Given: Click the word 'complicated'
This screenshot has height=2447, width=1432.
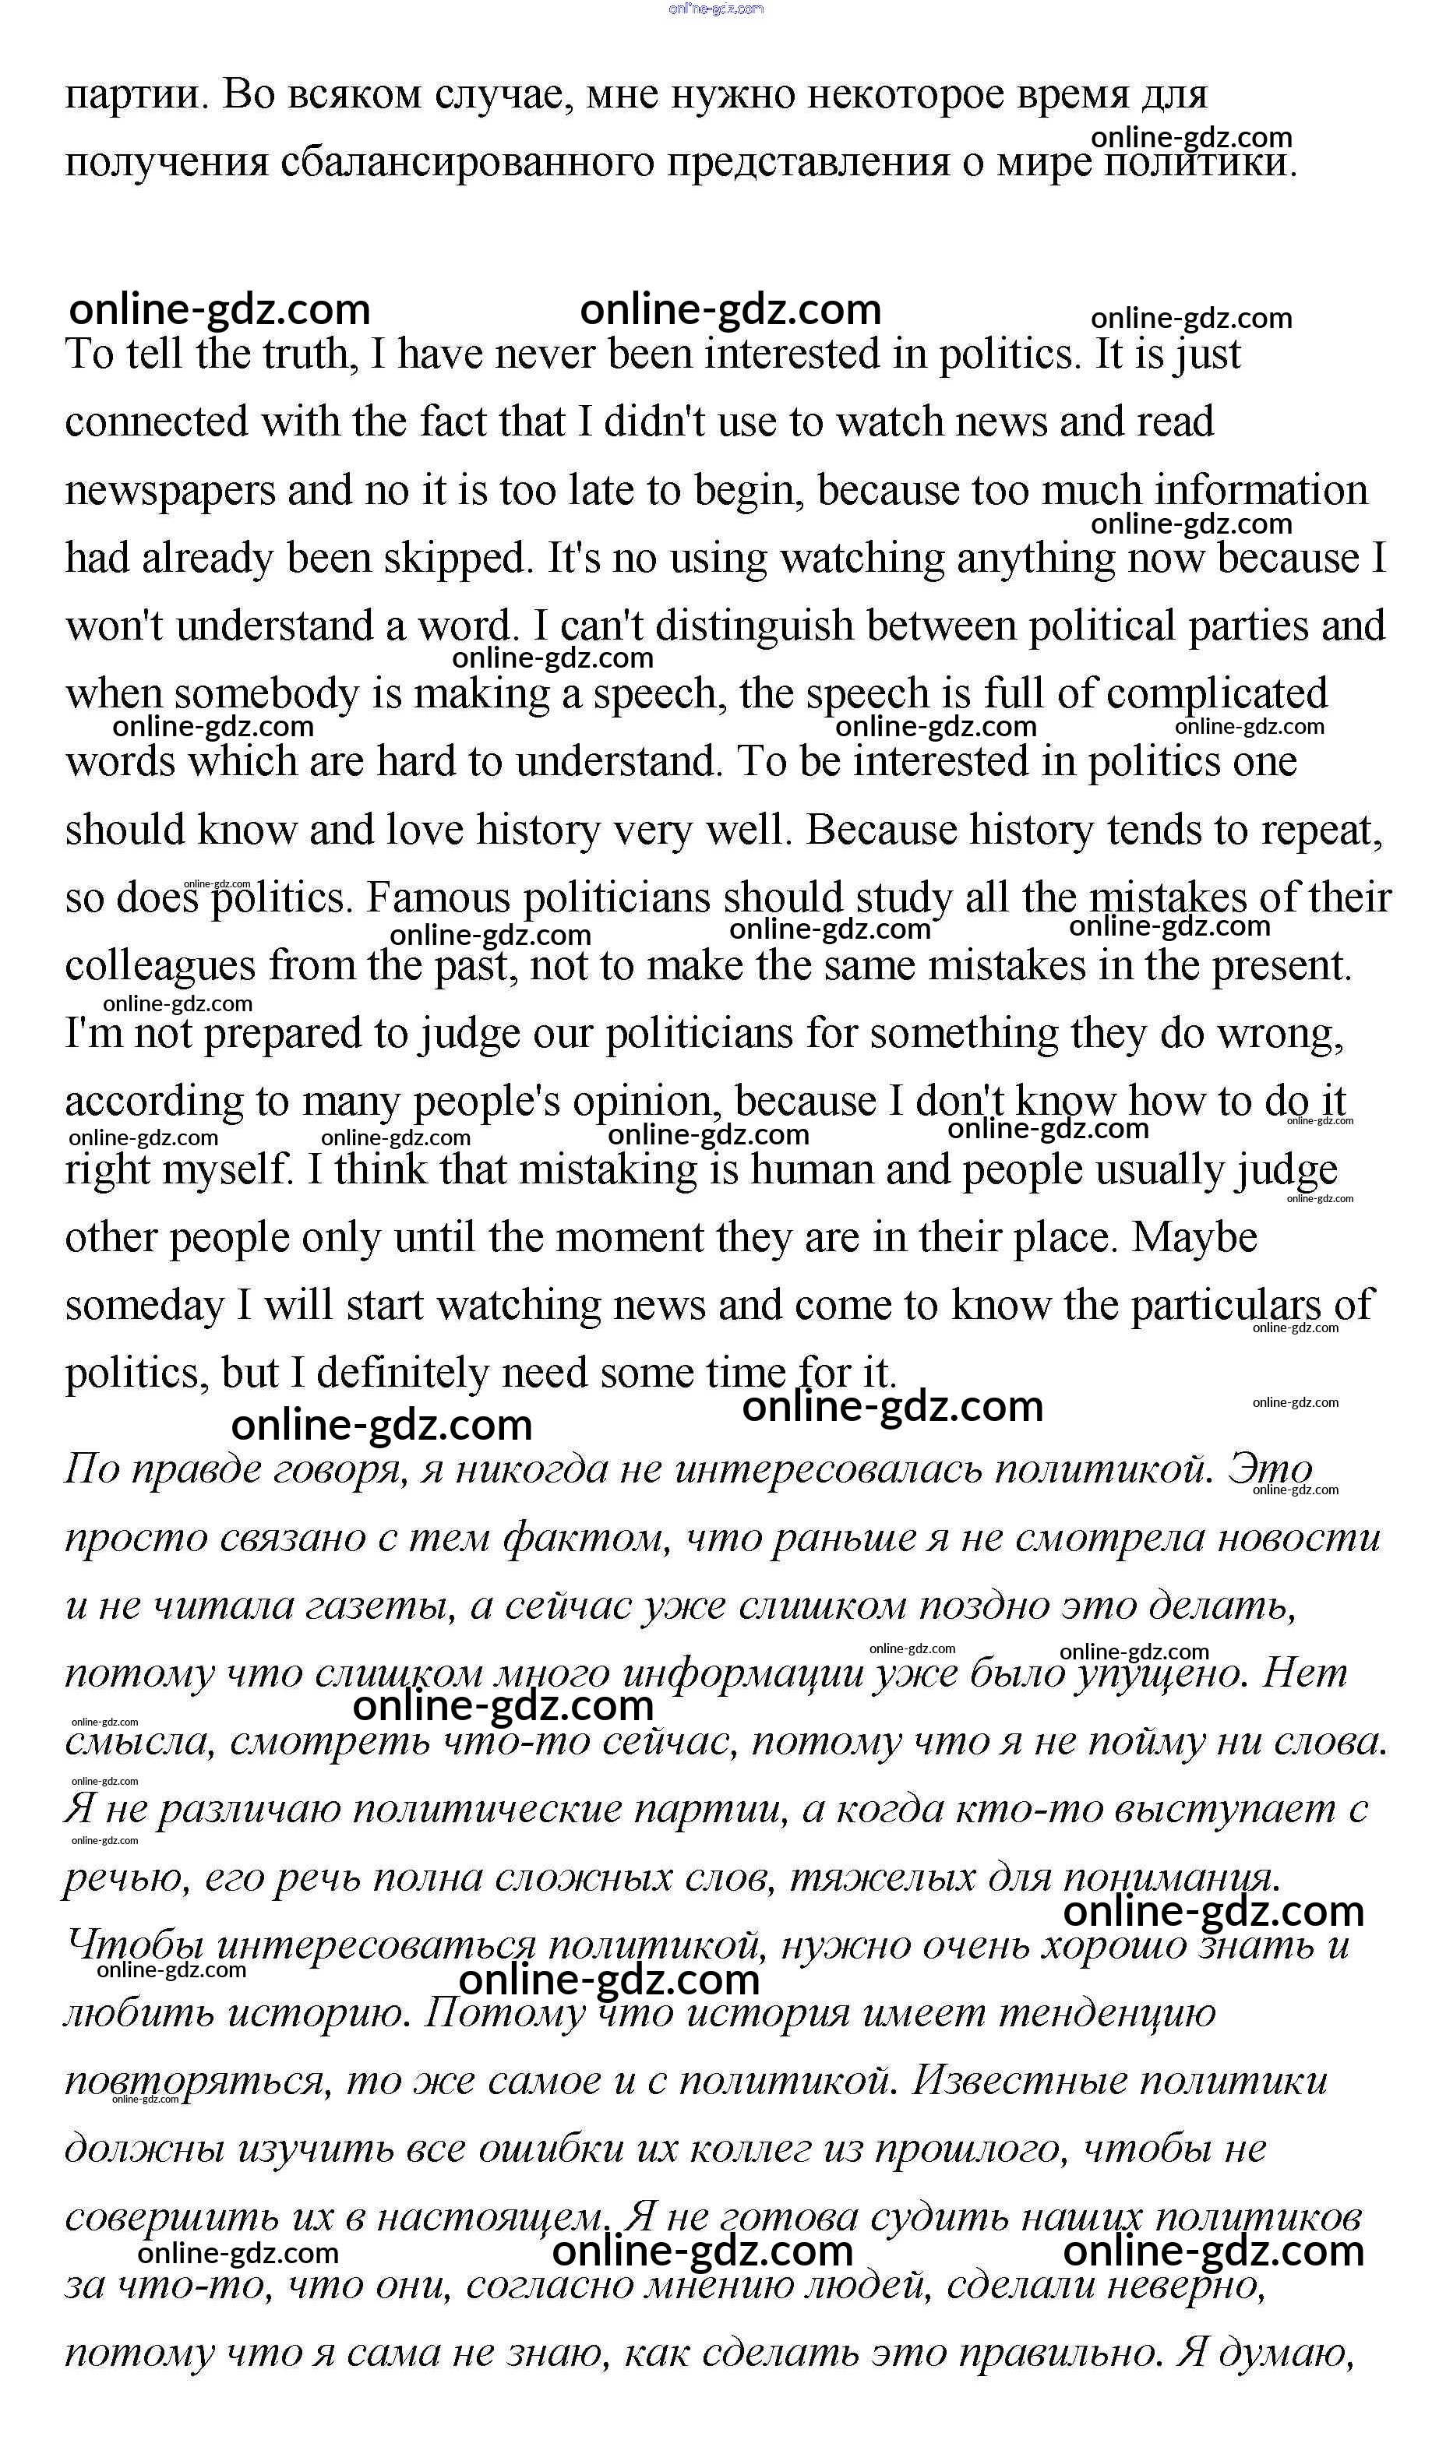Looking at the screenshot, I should (1216, 694).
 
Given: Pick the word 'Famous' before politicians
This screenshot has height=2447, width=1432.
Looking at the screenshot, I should (438, 898).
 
